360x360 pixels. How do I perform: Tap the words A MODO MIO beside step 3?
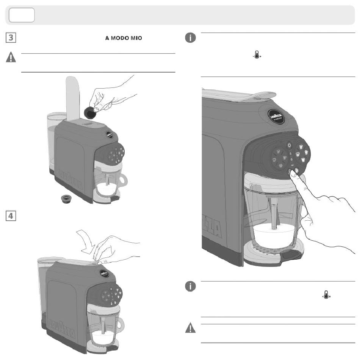tap(123, 39)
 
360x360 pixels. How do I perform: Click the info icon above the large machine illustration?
tap(190, 38)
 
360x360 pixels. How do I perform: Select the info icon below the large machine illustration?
tap(190, 287)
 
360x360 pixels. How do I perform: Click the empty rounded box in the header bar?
tap(22, 15)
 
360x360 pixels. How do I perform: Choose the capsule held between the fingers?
tap(90, 111)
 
